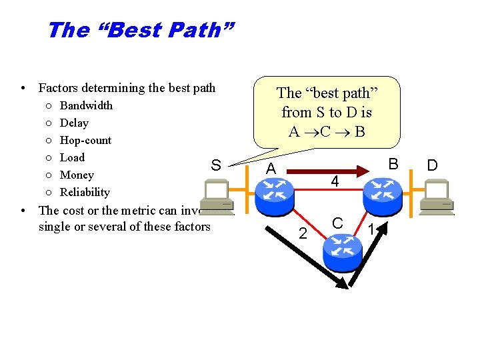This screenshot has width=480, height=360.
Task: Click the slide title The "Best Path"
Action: coord(141,30)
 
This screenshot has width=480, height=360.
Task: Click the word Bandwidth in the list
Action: coord(86,105)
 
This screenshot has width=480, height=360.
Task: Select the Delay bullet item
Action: coord(74,123)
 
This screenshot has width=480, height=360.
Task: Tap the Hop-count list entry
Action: coord(85,140)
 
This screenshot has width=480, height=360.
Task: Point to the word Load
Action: coord(72,157)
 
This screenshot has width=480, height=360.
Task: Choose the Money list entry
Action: coord(77,175)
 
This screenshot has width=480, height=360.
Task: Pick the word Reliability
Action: coord(85,192)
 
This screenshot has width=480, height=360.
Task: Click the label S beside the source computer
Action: coord(215,165)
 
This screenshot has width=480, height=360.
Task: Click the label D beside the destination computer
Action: coord(432,165)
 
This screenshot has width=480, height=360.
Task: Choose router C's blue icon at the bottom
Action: coord(341,252)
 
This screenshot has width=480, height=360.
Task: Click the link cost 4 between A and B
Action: coord(335,181)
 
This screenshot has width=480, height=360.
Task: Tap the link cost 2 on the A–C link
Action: coord(303,233)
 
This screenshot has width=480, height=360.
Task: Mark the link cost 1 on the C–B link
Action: coord(371,229)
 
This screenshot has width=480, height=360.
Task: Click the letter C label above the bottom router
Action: coord(338,223)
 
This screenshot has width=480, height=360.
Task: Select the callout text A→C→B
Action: coord(327,131)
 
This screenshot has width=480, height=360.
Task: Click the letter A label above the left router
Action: coord(270,170)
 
